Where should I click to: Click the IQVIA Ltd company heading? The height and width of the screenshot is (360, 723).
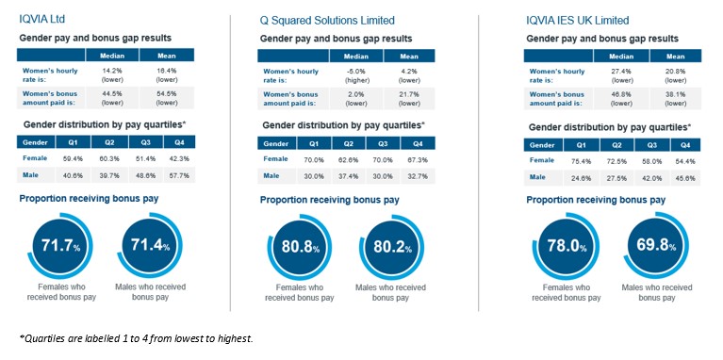click(x=42, y=20)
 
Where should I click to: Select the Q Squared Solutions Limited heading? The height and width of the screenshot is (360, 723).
click(x=327, y=21)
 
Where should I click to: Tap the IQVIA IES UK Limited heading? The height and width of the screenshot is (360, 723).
click(x=577, y=21)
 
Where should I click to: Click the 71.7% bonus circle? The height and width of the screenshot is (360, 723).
click(x=60, y=246)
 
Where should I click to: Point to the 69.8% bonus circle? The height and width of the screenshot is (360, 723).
click(x=656, y=246)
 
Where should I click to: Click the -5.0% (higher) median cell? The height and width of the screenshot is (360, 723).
click(x=356, y=74)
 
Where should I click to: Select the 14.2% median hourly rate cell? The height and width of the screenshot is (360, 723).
click(x=112, y=74)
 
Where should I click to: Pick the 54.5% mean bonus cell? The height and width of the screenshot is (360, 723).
click(x=167, y=98)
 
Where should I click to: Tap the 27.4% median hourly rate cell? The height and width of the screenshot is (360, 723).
click(x=621, y=75)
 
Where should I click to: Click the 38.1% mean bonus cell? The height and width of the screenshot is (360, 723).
click(x=676, y=99)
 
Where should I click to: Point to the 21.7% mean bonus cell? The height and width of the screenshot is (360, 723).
click(x=409, y=99)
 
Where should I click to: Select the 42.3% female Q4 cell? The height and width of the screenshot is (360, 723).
click(x=179, y=158)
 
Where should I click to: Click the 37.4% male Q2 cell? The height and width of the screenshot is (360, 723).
click(x=349, y=175)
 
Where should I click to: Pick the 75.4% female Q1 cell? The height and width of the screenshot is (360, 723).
click(x=581, y=161)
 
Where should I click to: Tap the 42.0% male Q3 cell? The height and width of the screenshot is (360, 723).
click(x=651, y=177)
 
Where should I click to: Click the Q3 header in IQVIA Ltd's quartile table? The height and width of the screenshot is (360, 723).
click(x=146, y=142)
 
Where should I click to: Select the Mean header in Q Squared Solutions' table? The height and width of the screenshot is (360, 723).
click(x=409, y=57)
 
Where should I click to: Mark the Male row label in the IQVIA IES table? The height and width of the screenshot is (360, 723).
click(x=537, y=177)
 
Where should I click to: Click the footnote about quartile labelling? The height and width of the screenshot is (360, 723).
click(x=137, y=339)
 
